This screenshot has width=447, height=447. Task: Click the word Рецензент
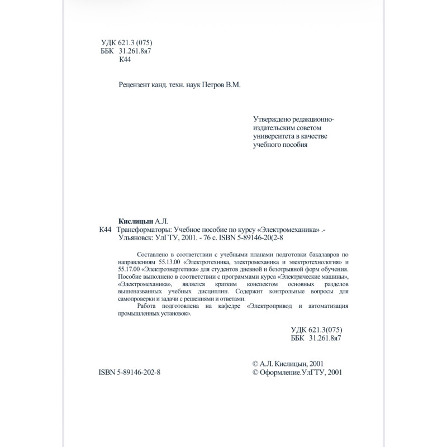[136, 85]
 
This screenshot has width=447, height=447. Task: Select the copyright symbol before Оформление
[256, 372]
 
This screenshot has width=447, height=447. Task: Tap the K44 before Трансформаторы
[105, 229]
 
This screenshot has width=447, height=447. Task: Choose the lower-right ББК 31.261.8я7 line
[316, 338]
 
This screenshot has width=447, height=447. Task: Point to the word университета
[273, 136]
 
